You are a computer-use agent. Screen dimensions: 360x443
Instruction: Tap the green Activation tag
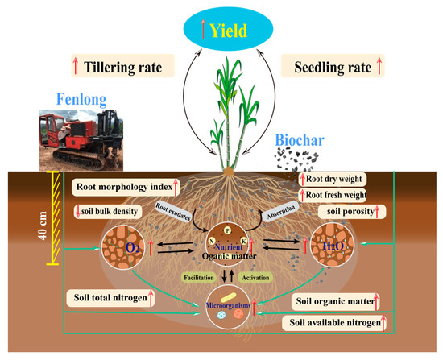(x=255, y=278)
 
